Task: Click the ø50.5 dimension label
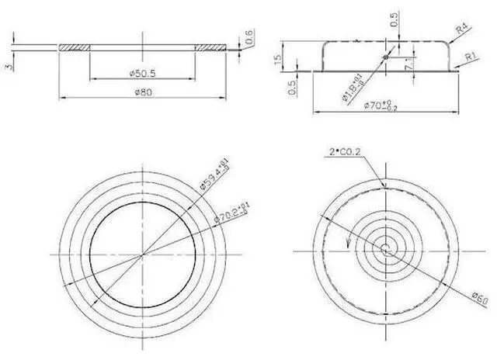142,73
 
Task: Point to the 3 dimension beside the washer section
9,66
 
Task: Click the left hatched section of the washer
75,47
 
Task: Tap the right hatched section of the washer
210,47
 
